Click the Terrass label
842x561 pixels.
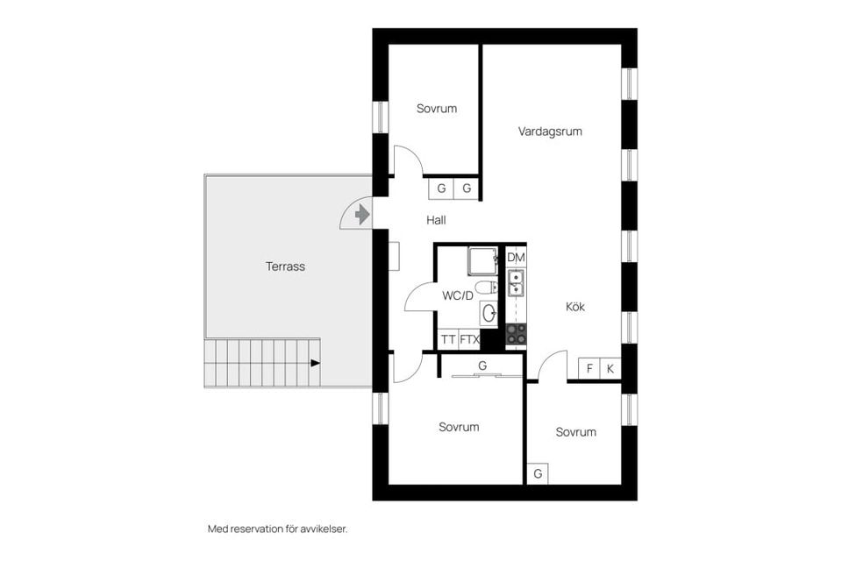click(285, 266)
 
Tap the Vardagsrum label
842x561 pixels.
click(550, 131)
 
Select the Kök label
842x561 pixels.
click(575, 307)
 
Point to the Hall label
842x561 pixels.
click(436, 219)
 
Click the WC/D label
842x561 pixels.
click(458, 295)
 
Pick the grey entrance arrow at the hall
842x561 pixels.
click(362, 215)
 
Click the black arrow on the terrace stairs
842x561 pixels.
click(315, 363)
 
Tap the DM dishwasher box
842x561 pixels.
click(516, 258)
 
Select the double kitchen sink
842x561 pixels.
click(516, 283)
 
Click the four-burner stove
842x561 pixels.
click(517, 333)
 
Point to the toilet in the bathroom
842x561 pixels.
click(486, 288)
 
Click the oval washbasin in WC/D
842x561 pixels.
click(489, 312)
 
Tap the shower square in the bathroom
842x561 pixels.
click(482, 261)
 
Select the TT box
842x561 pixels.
click(448, 340)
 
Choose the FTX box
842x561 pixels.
click(469, 340)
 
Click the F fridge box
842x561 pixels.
click(589, 369)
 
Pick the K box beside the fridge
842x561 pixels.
click(610, 369)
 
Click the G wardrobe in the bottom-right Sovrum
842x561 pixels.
click(538, 473)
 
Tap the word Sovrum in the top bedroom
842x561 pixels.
click(437, 109)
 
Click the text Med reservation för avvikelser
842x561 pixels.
click(278, 529)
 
